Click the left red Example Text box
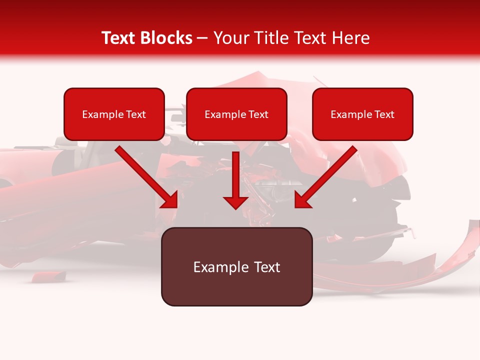pyautogui.click(x=114, y=114)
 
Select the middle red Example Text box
pyautogui.click(x=236, y=114)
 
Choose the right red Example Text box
pyautogui.click(x=362, y=114)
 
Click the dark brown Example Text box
pyautogui.click(x=236, y=266)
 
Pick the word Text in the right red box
pyautogui.click(x=384, y=114)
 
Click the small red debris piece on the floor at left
pyautogui.click(x=49, y=275)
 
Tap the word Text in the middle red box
pyautogui.click(x=258, y=114)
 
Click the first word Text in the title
pyautogui.click(x=120, y=38)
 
